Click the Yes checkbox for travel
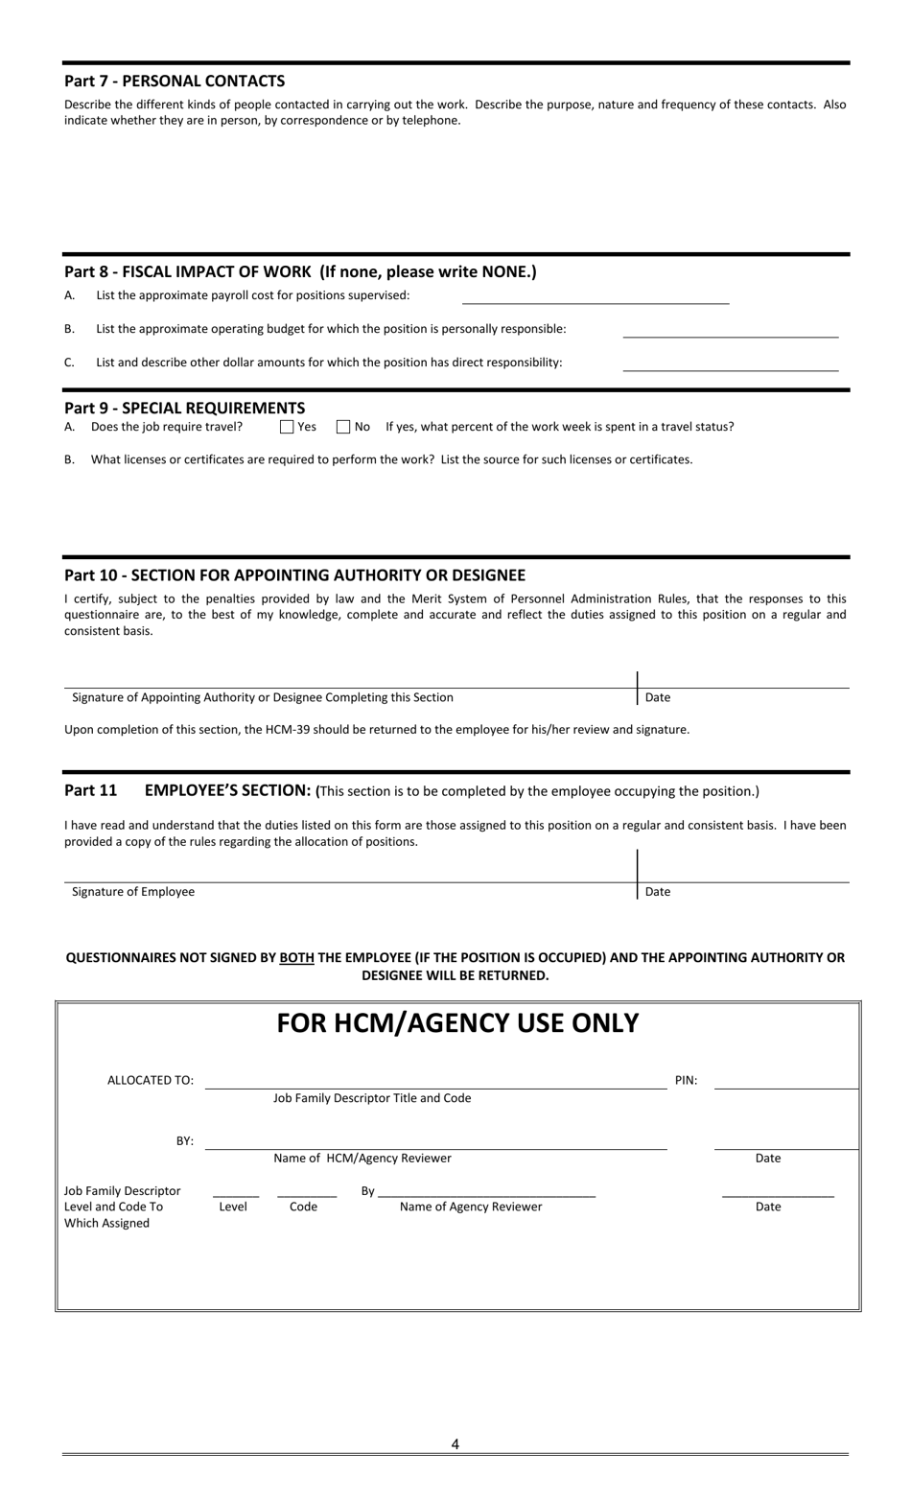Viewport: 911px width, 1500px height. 287,427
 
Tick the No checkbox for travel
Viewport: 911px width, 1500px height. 343,427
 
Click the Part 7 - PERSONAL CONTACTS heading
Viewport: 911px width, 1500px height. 175,82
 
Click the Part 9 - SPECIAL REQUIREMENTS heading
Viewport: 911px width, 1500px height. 184,408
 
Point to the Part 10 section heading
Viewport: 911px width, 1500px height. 294,575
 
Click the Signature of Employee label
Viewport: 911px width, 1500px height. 133,892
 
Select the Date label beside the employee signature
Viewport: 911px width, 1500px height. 658,892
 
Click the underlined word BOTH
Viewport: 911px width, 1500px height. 296,957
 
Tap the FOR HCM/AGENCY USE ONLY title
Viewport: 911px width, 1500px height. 457,1023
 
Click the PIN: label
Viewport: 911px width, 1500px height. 686,1080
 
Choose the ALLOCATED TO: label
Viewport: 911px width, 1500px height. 151,1080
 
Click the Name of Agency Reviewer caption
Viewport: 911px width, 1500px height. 471,1207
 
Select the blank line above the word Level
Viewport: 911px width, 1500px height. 236,1194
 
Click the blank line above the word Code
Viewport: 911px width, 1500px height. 306,1194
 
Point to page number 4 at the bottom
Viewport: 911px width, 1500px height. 455,1443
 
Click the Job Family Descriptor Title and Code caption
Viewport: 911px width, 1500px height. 372,1098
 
